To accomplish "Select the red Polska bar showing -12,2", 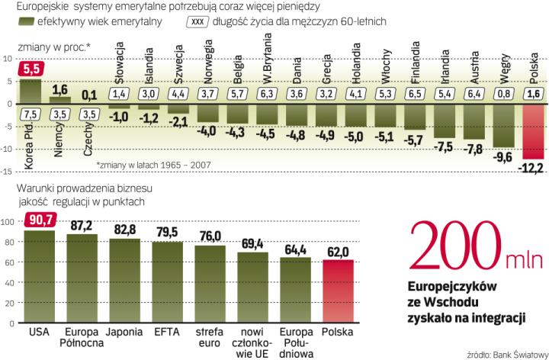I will click(x=533, y=130).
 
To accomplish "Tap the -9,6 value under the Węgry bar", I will click(x=503, y=158).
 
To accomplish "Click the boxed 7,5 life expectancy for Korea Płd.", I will click(x=30, y=114).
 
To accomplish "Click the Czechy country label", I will click(x=88, y=140).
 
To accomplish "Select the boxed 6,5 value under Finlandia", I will click(x=415, y=93).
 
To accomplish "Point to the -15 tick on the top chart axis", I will click(x=8, y=172).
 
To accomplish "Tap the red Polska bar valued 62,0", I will click(x=337, y=291).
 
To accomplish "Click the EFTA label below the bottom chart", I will click(x=167, y=333).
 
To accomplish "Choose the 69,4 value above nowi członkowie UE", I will click(x=252, y=243).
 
